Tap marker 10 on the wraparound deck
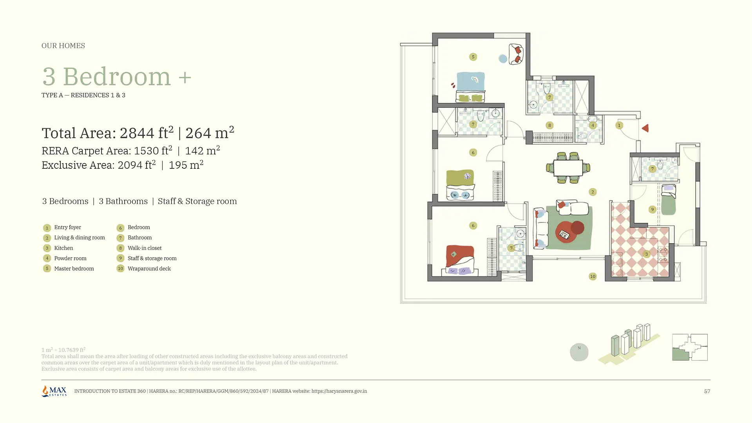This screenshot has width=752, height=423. (593, 277)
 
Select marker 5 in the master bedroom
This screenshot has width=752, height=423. (473, 57)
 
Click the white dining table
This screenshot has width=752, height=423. (568, 168)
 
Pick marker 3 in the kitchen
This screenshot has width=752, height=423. (647, 254)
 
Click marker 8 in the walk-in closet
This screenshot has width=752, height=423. (550, 125)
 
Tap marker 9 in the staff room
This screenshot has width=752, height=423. (652, 210)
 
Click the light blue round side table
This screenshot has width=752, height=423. (503, 59)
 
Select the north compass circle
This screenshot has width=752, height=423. (579, 352)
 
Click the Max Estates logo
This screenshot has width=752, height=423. (54, 391)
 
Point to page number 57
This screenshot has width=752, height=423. (707, 391)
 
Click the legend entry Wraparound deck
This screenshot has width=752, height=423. (149, 269)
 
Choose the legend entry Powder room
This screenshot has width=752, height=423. (70, 258)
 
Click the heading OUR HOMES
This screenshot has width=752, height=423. (63, 46)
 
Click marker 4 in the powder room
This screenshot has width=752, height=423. (593, 125)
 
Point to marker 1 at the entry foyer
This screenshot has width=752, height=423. (619, 125)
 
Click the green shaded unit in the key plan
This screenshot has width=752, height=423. (681, 355)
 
